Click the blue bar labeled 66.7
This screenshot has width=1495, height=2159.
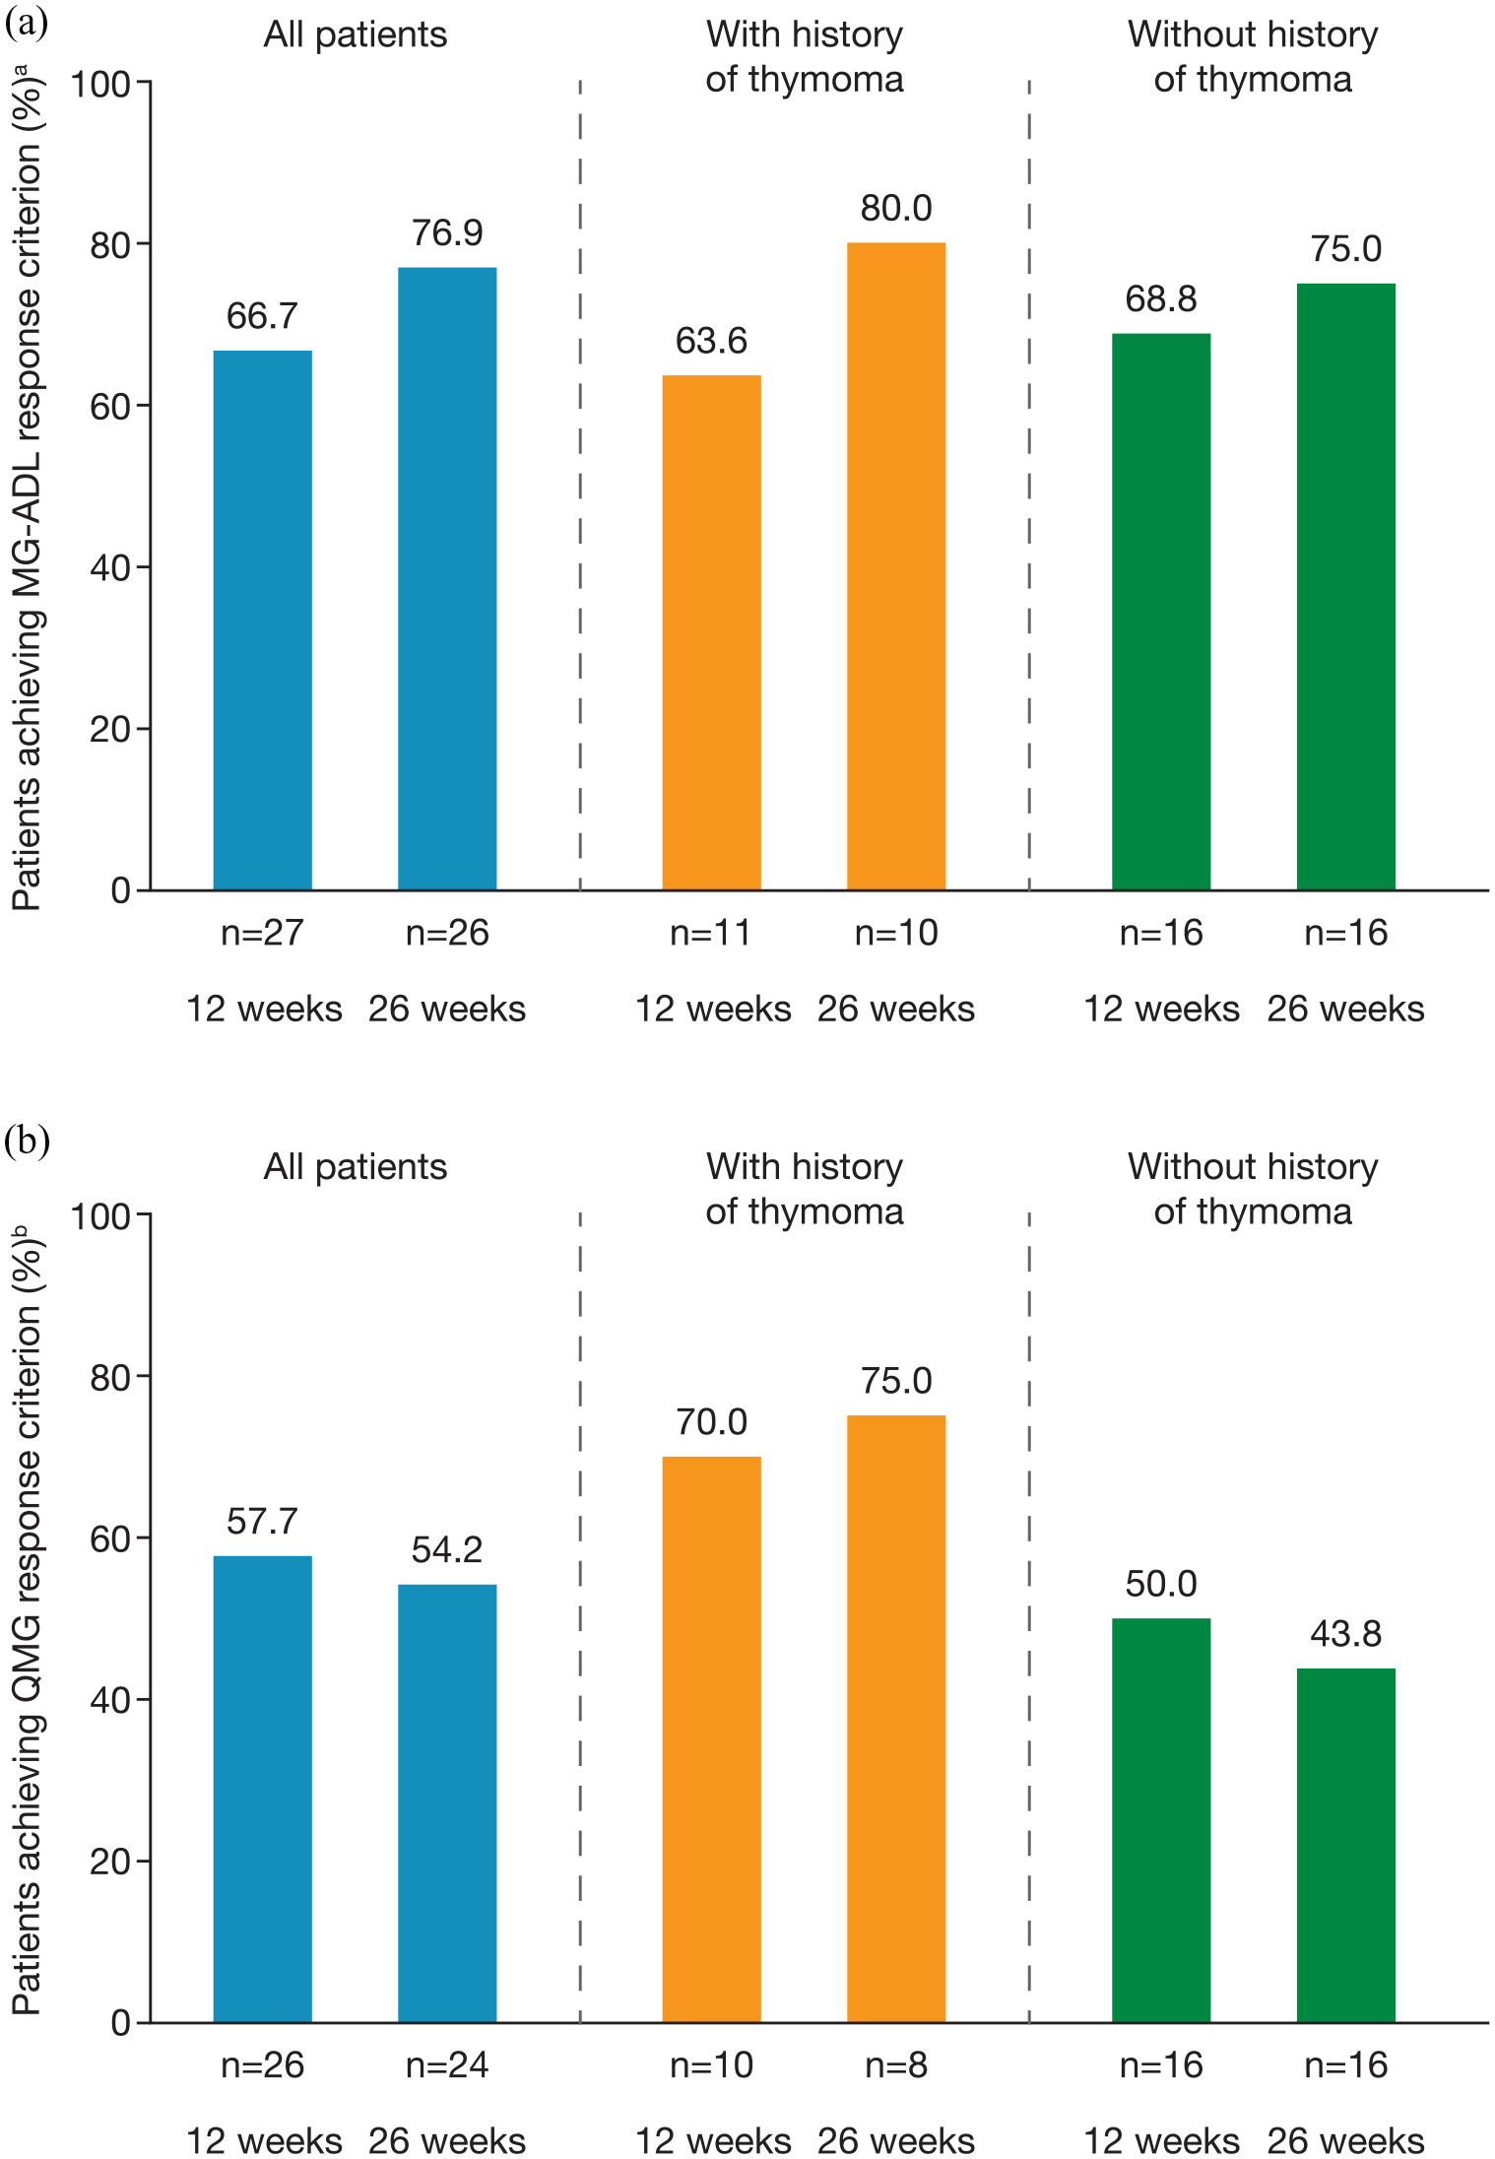click(262, 621)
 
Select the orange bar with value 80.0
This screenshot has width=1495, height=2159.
click(896, 566)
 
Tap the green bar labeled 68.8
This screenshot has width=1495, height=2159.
click(1161, 612)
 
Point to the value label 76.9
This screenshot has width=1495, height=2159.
click(447, 233)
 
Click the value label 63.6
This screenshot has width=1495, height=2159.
click(711, 341)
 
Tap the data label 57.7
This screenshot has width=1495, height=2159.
click(262, 1522)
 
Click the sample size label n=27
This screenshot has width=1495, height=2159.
click(262, 933)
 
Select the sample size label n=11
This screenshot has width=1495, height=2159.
click(711, 933)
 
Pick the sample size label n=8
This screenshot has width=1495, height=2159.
click(896, 2064)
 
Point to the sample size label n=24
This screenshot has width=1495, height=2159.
click(447, 2064)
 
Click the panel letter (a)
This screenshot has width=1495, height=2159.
click(27, 23)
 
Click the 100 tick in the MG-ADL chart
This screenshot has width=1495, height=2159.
click(100, 84)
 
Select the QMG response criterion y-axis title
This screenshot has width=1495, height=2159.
click(27, 1619)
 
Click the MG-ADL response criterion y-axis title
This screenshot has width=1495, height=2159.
click(27, 488)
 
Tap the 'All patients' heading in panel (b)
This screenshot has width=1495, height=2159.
click(356, 1167)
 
